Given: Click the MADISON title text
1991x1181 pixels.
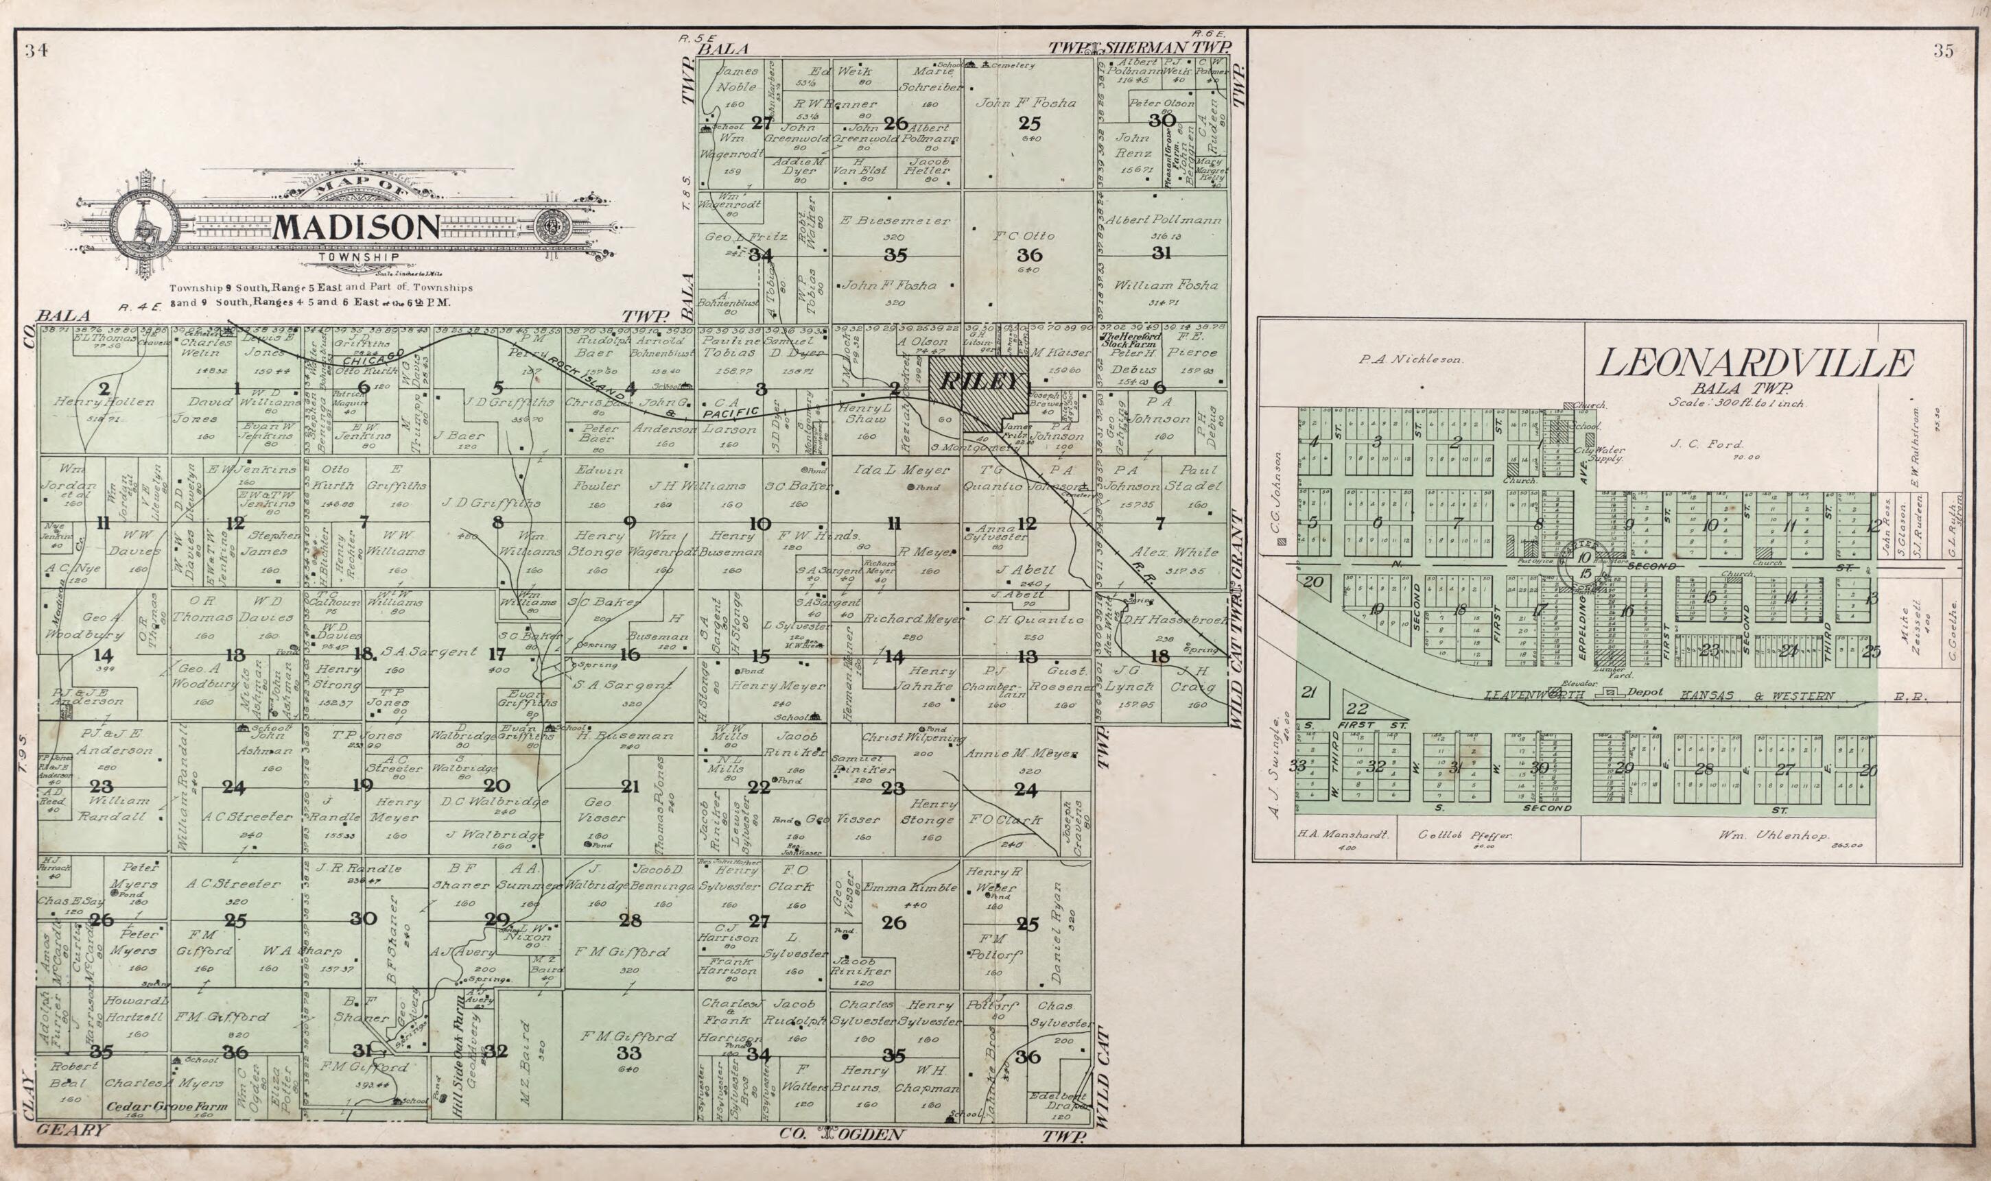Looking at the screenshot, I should coord(356,228).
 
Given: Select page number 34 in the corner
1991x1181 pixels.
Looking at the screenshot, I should coord(36,51).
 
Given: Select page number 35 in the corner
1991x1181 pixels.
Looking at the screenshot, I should coord(1942,51).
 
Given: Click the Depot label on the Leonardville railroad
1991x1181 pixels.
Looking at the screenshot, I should coord(1645,691).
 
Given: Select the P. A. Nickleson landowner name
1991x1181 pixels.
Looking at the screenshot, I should coord(1411,359).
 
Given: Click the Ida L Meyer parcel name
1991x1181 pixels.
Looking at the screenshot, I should coord(891,470).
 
